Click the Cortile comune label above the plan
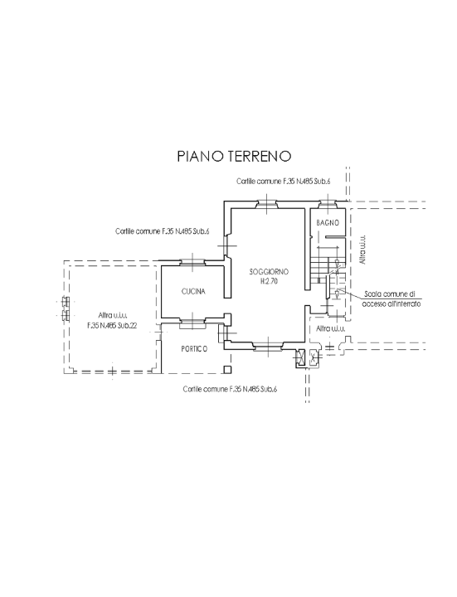click(x=283, y=181)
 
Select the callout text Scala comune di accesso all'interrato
click(x=391, y=299)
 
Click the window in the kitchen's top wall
click(x=192, y=264)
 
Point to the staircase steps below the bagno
click(x=319, y=269)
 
